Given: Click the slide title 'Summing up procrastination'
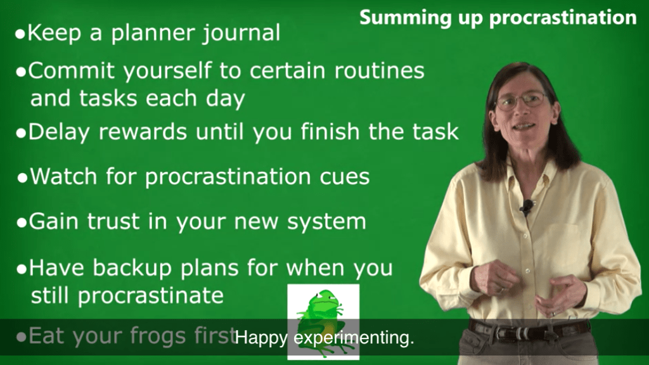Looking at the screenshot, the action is pyautogui.click(x=498, y=18).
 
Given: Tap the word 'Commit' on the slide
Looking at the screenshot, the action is pyautogui.click(x=73, y=70).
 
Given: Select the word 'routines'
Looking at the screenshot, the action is pyautogui.click(x=380, y=70).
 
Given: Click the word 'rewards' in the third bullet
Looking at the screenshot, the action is pyautogui.click(x=143, y=132).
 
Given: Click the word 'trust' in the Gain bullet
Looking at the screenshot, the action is pyautogui.click(x=113, y=221).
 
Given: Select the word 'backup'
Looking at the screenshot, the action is pyautogui.click(x=132, y=268).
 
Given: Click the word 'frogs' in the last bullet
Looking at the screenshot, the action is pyautogui.click(x=157, y=336).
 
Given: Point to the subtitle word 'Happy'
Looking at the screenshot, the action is pyautogui.click(x=261, y=338).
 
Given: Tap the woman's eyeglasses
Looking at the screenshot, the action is pyautogui.click(x=522, y=101).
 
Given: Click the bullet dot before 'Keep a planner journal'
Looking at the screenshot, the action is pyautogui.click(x=20, y=34).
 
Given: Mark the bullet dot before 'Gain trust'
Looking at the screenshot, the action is pyautogui.click(x=22, y=223).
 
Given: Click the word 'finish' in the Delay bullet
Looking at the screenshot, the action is pyautogui.click(x=330, y=132).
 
